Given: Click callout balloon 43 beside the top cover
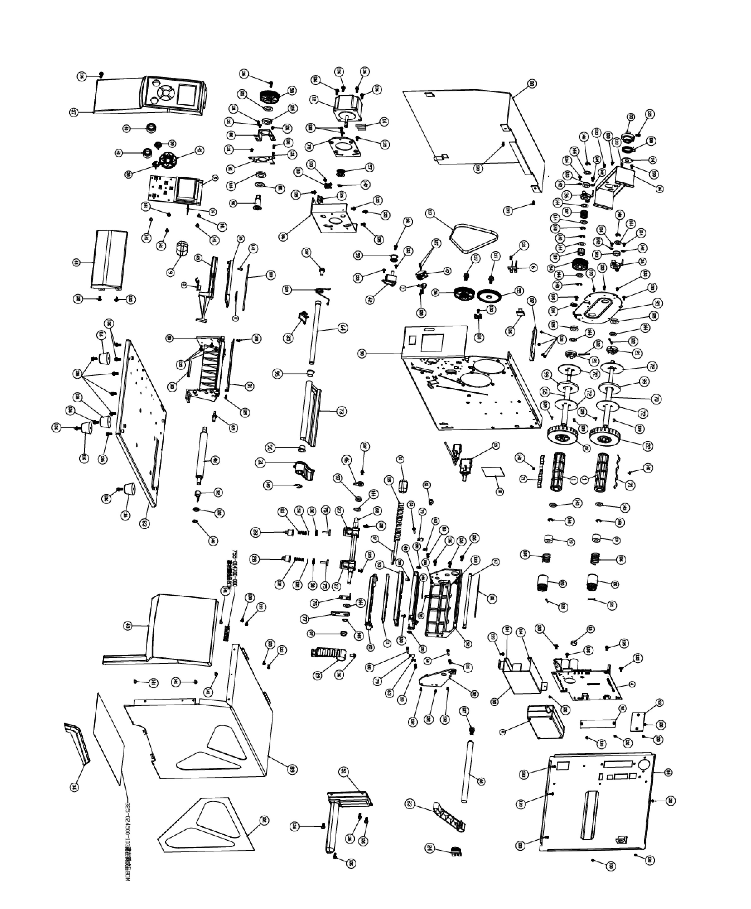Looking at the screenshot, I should tap(128, 625).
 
